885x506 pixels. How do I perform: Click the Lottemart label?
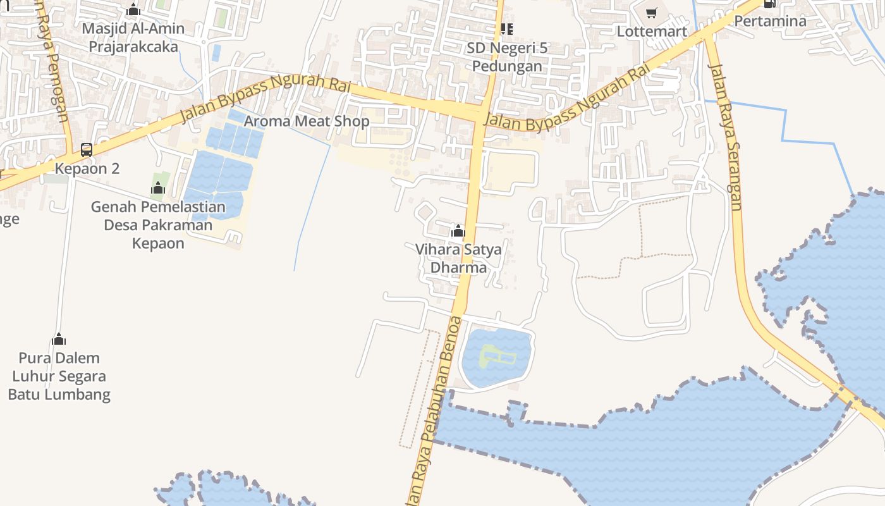coord(652,31)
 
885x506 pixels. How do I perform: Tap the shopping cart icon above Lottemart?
coord(652,13)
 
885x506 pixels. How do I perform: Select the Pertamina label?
coord(770,21)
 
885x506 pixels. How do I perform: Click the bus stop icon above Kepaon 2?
coord(87,150)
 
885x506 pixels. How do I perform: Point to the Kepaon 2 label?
coord(87,169)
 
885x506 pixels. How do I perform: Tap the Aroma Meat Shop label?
coord(307,121)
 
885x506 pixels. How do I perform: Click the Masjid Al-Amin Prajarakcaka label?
coord(133,37)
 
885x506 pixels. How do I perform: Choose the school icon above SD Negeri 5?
coord(506,29)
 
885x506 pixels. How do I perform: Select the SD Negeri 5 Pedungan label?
coord(507,57)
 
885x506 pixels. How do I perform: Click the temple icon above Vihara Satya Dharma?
coord(458,231)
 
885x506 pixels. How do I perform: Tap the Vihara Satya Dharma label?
coord(458,258)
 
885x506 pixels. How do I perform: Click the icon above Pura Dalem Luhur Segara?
coord(59,339)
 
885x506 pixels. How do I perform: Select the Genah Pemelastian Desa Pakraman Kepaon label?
coord(158,225)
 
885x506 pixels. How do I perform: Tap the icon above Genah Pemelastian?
coord(158,188)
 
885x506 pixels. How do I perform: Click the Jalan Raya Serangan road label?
coord(726,136)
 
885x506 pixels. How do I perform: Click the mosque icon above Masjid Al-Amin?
coord(133,9)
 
